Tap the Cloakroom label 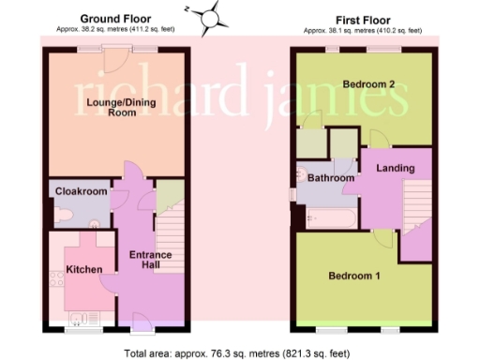78,190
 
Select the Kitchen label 83,270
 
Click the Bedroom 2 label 368,84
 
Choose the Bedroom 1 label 353,276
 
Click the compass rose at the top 213,16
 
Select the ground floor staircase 170,239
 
